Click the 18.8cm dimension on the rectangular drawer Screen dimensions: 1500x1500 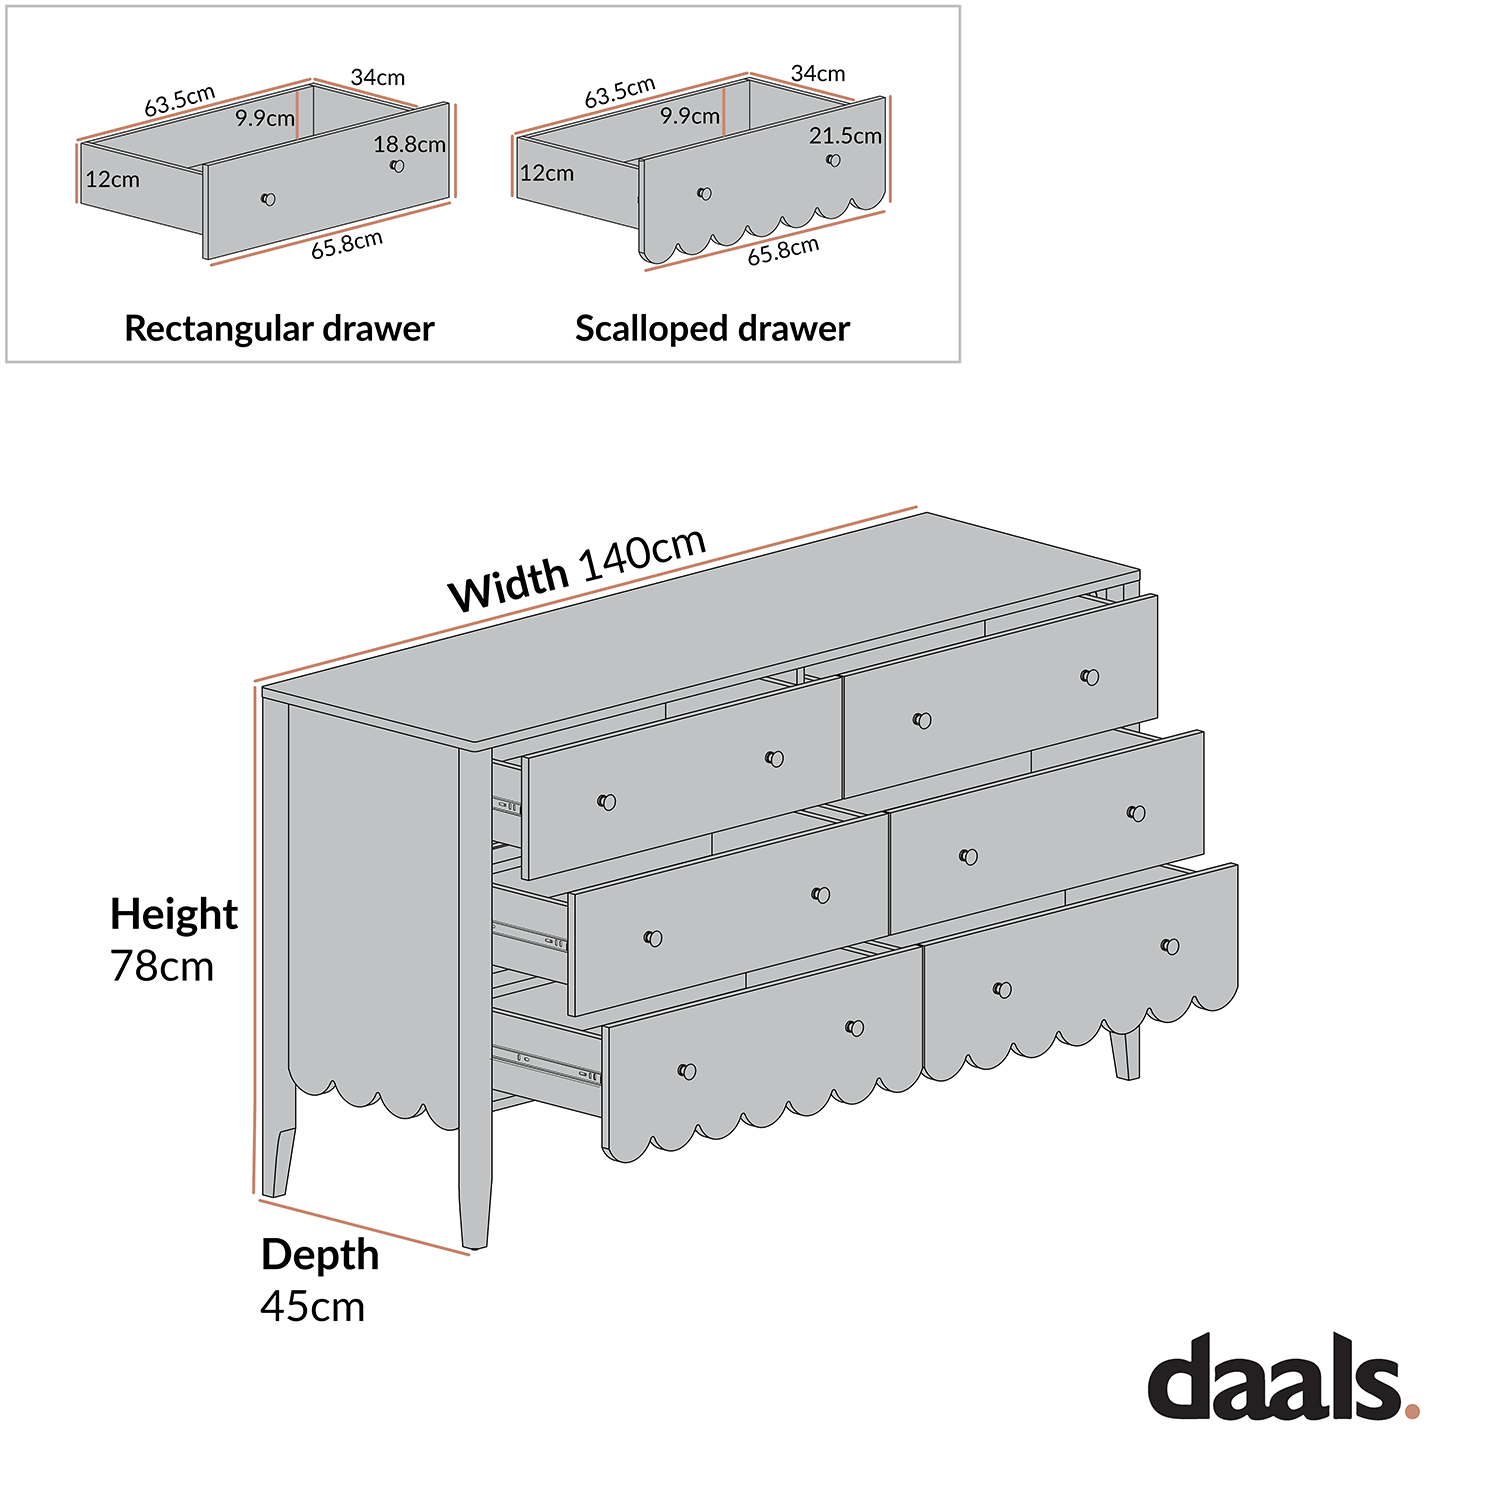[x=409, y=144]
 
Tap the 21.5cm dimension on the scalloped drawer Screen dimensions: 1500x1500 [x=845, y=136]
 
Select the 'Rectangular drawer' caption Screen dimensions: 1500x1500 [x=279, y=328]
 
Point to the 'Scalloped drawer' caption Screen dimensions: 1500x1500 [x=712, y=328]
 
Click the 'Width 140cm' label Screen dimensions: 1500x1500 [x=577, y=570]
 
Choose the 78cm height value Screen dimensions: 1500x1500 [x=162, y=967]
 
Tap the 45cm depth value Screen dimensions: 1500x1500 [x=312, y=1307]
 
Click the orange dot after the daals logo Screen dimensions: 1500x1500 [x=1411, y=1411]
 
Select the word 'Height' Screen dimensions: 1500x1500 [x=174, y=914]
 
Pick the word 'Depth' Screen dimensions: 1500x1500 [x=320, y=1255]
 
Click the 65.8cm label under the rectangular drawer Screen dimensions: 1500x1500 [x=346, y=245]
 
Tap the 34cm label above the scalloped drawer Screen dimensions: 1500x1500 [x=817, y=74]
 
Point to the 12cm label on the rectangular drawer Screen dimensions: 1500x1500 [x=112, y=180]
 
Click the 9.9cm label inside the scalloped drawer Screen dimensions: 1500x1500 [x=689, y=116]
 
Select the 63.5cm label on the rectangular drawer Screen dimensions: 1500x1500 [x=179, y=101]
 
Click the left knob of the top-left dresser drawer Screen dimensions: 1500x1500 [x=606, y=802]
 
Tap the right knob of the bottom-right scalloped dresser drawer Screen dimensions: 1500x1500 [x=1170, y=946]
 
